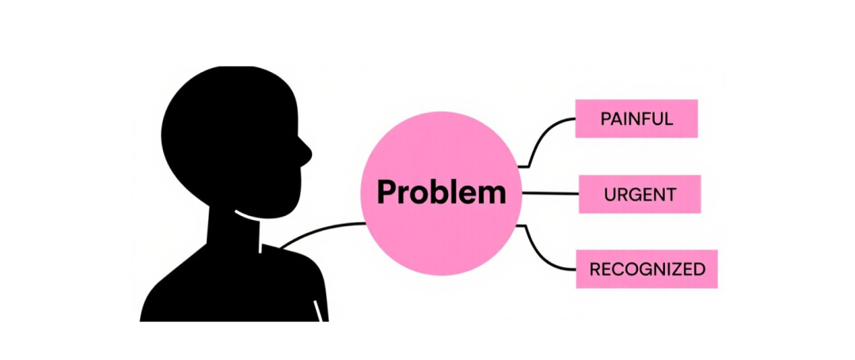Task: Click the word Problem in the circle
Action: click(x=441, y=193)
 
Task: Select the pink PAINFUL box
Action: click(x=636, y=119)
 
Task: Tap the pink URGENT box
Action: click(x=640, y=194)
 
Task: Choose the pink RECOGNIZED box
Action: click(x=647, y=269)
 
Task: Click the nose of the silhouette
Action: click(x=306, y=154)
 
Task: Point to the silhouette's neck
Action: click(x=234, y=229)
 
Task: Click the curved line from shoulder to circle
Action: click(x=321, y=232)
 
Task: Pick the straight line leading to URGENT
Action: click(x=550, y=193)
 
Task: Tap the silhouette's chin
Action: click(x=294, y=204)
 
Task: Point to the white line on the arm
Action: click(x=318, y=310)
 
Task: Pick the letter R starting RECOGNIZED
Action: click(x=596, y=269)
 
